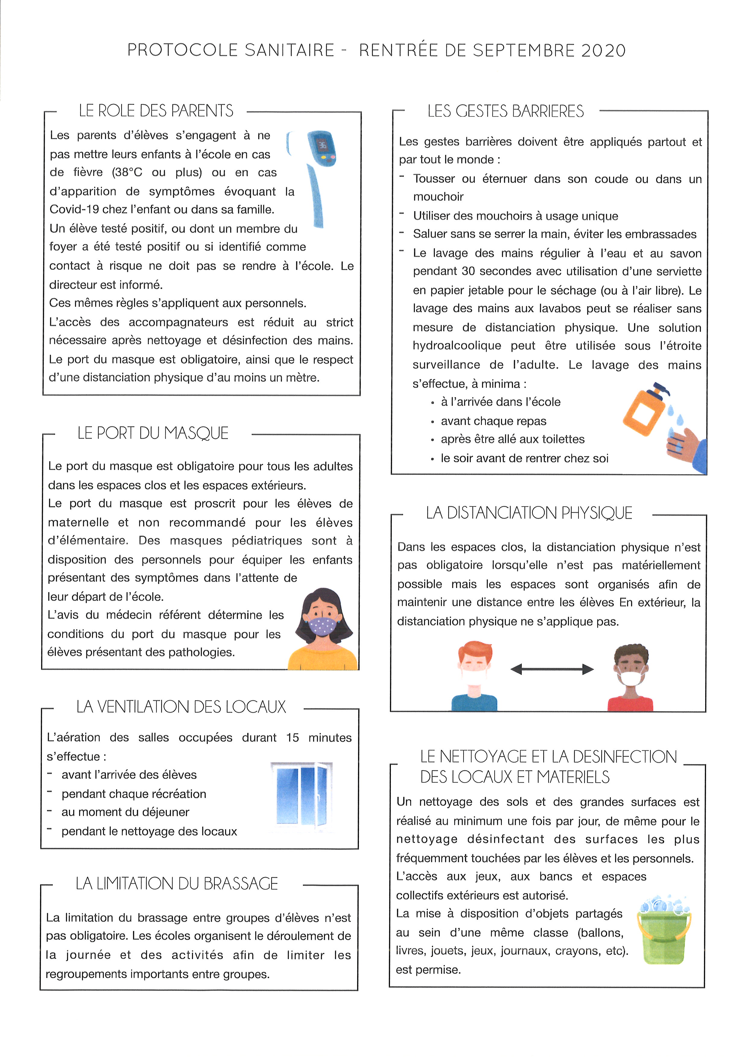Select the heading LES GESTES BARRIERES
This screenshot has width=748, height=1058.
coord(505,112)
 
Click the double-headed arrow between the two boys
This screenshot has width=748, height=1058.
coord(552,669)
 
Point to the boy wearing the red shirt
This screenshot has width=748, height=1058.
coord(631,677)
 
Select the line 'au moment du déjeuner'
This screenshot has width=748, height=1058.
coord(125,812)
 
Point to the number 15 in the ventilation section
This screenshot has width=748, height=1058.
coord(293,738)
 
